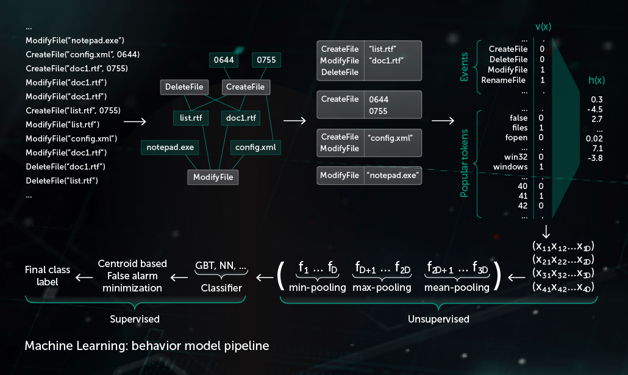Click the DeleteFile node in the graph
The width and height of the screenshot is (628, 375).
pyautogui.click(x=184, y=87)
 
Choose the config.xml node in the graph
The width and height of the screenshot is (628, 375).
pyautogui.click(x=255, y=147)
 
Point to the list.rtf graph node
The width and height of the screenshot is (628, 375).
pyautogui.click(x=191, y=117)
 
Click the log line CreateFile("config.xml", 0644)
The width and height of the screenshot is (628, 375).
pyautogui.click(x=83, y=54)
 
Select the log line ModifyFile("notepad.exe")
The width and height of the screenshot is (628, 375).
pyautogui.click(x=75, y=40)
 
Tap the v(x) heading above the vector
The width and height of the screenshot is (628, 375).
pyautogui.click(x=543, y=27)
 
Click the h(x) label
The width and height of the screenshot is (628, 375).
pyautogui.click(x=596, y=80)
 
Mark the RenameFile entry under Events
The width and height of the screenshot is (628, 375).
pyautogui.click(x=504, y=80)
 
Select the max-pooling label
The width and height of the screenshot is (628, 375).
pyautogui.click(x=382, y=287)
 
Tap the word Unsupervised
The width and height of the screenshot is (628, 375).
pyautogui.click(x=438, y=319)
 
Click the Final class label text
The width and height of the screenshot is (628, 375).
pyautogui.click(x=48, y=276)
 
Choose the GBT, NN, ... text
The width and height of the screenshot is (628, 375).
pyautogui.click(x=221, y=266)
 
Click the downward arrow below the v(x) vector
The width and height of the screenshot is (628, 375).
pyautogui.click(x=545, y=231)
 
